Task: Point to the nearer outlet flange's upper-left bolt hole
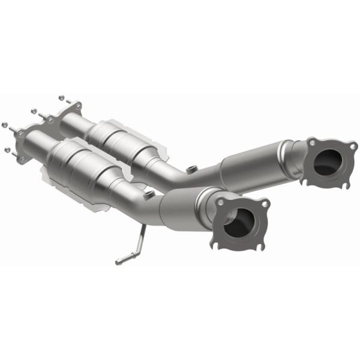point(221,202)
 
